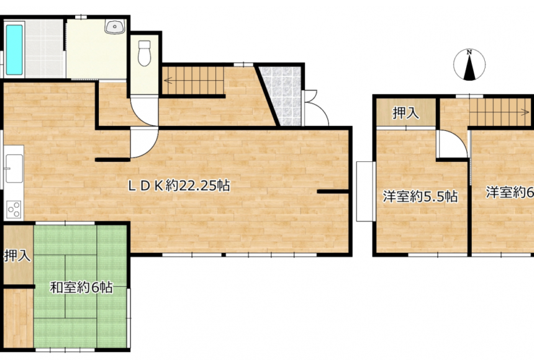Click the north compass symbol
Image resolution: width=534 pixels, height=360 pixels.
tap(470, 65)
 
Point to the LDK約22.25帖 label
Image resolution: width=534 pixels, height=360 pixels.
tap(179, 184)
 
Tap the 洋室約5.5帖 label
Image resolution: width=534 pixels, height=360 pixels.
tap(420, 197)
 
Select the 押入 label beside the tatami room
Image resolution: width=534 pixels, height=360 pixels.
tap(17, 255)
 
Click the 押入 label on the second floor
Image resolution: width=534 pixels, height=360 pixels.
tap(406, 113)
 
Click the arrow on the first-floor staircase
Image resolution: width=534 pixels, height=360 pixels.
tap(169, 79)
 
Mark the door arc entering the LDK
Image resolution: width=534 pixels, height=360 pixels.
tap(145, 145)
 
